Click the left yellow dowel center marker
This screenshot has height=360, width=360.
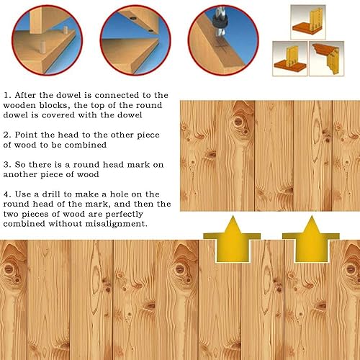(232, 240)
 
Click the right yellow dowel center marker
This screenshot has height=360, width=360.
(311, 240)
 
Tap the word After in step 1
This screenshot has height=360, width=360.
(25, 95)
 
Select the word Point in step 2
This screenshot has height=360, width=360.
(26, 135)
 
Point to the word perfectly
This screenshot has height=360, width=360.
(124, 214)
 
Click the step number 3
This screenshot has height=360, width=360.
(7, 165)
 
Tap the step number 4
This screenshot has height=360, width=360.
(7, 194)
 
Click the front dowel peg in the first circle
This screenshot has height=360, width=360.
(42, 48)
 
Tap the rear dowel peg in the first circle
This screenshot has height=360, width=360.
(66, 31)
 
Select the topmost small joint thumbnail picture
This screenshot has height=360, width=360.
(308, 22)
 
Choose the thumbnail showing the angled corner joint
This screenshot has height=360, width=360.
(327, 58)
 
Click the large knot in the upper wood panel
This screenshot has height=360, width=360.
(238, 122)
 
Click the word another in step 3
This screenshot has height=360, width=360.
(20, 174)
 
